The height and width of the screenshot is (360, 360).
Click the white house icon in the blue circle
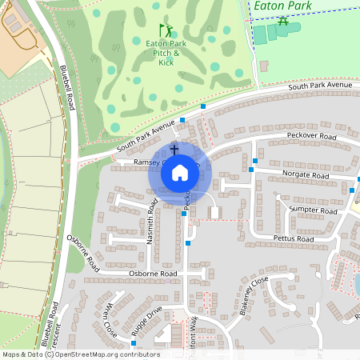[x=180, y=172]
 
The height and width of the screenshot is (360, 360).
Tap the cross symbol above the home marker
[x=174, y=149]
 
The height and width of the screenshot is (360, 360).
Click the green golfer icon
[x=163, y=30]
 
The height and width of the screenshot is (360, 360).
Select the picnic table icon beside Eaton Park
[x=282, y=20]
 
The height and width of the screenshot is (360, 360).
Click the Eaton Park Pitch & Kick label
[x=166, y=53]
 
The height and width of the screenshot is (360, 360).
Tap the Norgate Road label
[x=305, y=174]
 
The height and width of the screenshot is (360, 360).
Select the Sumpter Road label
[x=314, y=209]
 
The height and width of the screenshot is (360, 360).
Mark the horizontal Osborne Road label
[x=153, y=274]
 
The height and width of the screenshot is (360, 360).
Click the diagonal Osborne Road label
[x=83, y=253]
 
